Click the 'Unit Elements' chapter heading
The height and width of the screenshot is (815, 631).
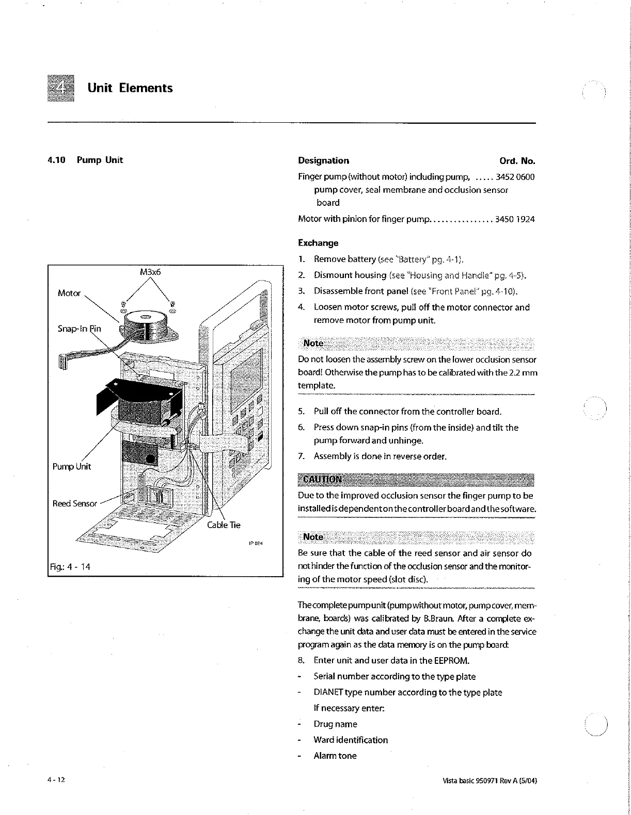tap(130, 88)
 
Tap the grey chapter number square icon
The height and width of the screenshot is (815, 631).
tap(60, 89)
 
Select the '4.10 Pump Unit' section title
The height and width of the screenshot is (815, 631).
tap(85, 160)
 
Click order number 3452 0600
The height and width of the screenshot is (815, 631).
tap(515, 177)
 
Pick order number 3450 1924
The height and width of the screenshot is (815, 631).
tap(515, 219)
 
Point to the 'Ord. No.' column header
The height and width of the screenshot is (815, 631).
tap(517, 160)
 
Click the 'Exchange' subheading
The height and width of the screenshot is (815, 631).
tap(318, 243)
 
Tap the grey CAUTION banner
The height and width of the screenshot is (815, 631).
tap(416, 479)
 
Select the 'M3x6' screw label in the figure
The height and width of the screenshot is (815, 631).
tap(150, 272)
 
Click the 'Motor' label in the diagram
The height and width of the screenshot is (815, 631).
tap(69, 293)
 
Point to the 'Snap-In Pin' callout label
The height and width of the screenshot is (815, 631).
tap(79, 329)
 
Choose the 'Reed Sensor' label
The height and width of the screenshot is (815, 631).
tap(75, 503)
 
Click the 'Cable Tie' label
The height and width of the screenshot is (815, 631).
tap(224, 525)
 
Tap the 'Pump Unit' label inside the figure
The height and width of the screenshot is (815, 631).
tap(71, 466)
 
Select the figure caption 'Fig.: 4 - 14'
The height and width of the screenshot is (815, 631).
tap(70, 566)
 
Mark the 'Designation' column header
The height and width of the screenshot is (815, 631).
tap(323, 160)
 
